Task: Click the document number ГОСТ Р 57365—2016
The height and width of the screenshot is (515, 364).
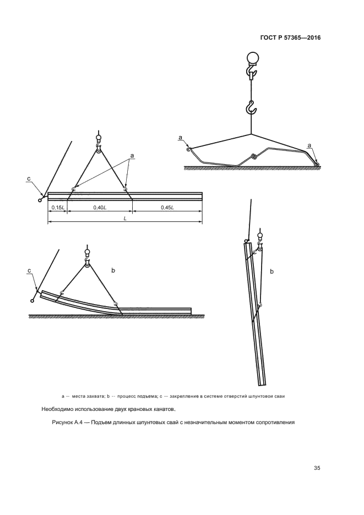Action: pos(290,38)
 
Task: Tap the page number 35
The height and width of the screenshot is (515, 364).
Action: pos(317,468)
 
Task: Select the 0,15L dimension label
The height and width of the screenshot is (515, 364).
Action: pos(58,207)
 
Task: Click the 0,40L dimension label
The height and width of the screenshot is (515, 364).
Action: pos(100,207)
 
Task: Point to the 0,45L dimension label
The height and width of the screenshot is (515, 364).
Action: pos(167,207)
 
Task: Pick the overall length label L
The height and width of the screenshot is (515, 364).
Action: pos(125,218)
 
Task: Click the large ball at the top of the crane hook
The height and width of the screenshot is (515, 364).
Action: pos(252,57)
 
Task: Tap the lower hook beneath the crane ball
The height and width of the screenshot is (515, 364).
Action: pos(251,108)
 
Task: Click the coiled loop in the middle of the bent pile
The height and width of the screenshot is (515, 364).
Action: pos(253,156)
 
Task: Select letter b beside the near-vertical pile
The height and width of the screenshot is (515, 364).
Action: pos(272,272)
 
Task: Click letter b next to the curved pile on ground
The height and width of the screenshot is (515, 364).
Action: pos(113,270)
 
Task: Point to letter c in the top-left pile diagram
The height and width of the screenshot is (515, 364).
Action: pos(29,178)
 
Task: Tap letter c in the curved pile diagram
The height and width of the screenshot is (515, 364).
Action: pos(29,270)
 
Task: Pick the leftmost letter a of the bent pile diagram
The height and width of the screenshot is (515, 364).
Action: pos(180,137)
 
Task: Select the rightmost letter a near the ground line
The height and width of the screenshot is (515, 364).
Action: pos(309,145)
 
